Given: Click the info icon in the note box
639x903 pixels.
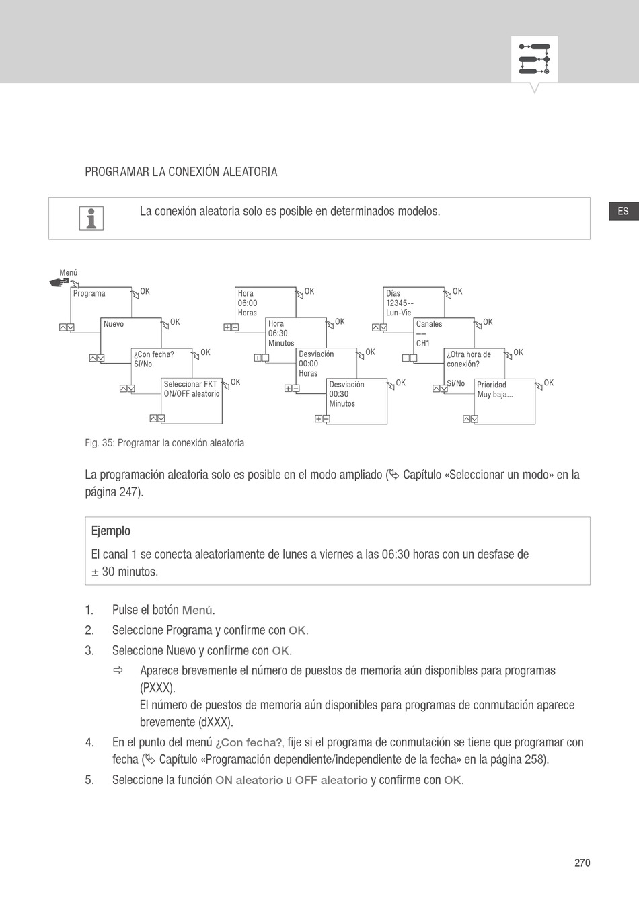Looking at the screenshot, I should [x=91, y=219].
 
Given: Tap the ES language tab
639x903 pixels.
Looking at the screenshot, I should [x=623, y=211].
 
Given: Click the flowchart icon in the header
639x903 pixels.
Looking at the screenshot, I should [x=535, y=59].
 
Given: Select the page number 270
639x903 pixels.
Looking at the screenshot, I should [x=582, y=863].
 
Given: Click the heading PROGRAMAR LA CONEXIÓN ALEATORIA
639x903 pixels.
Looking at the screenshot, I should [x=181, y=172].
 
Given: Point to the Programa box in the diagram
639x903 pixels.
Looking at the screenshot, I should [x=102, y=302].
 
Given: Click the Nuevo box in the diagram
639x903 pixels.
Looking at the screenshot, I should [x=130, y=333].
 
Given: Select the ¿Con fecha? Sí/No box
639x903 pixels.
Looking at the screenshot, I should [x=161, y=363].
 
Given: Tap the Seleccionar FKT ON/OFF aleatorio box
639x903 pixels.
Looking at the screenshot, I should [x=192, y=400].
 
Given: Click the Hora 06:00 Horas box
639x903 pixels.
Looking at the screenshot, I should [x=266, y=303].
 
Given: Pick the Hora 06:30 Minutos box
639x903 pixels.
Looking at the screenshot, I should [x=296, y=333].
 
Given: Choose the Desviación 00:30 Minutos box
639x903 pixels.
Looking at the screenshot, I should [x=356, y=401].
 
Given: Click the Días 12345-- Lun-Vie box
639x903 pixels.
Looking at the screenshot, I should [x=414, y=303].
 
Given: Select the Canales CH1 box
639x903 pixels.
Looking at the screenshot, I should [x=444, y=333].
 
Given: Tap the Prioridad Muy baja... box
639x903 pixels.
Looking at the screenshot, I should [x=504, y=401].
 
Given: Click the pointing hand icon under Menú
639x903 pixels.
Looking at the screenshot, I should [x=59, y=283].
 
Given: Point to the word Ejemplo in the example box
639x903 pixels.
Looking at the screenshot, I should [x=111, y=531].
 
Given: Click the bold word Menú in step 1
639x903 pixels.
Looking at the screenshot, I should [x=197, y=611].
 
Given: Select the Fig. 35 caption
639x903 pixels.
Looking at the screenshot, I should [x=165, y=443].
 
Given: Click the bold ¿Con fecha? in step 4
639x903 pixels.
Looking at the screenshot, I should [x=249, y=743].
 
